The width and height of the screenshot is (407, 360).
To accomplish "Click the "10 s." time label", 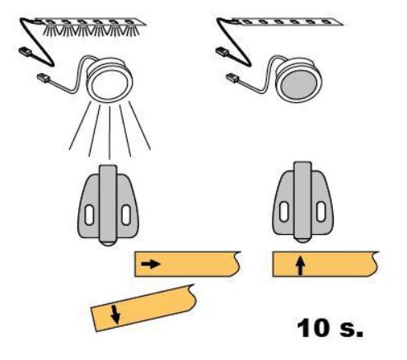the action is [330, 328].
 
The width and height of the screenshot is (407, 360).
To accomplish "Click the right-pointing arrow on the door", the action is [151, 264].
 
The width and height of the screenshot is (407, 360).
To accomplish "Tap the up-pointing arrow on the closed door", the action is [301, 265].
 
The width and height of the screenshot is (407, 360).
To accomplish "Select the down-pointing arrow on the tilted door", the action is [115, 314].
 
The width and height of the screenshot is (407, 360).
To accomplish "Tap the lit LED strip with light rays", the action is [91, 27].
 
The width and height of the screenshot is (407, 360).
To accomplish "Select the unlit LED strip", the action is [287, 21].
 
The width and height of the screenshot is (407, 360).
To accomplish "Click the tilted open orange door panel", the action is [143, 307].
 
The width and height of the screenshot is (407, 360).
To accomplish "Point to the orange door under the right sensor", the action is [325, 264].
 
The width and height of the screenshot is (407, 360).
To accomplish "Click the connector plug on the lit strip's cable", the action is [26, 52].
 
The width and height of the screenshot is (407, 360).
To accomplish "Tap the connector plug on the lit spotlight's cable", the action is [44, 78].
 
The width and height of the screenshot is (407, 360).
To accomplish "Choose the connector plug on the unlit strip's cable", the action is [222, 51].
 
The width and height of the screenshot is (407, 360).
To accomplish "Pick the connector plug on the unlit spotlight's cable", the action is [232, 77].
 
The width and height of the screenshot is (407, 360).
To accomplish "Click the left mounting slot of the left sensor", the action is [89, 215].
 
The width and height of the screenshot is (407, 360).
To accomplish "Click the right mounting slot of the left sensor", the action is [126, 215].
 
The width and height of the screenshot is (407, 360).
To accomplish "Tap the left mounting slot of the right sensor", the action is [283, 212].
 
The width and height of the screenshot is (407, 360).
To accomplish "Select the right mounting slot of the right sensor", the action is [320, 211].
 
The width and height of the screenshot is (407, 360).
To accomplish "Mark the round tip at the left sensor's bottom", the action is [108, 243].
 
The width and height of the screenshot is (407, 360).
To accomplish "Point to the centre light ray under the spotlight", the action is [110, 133].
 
